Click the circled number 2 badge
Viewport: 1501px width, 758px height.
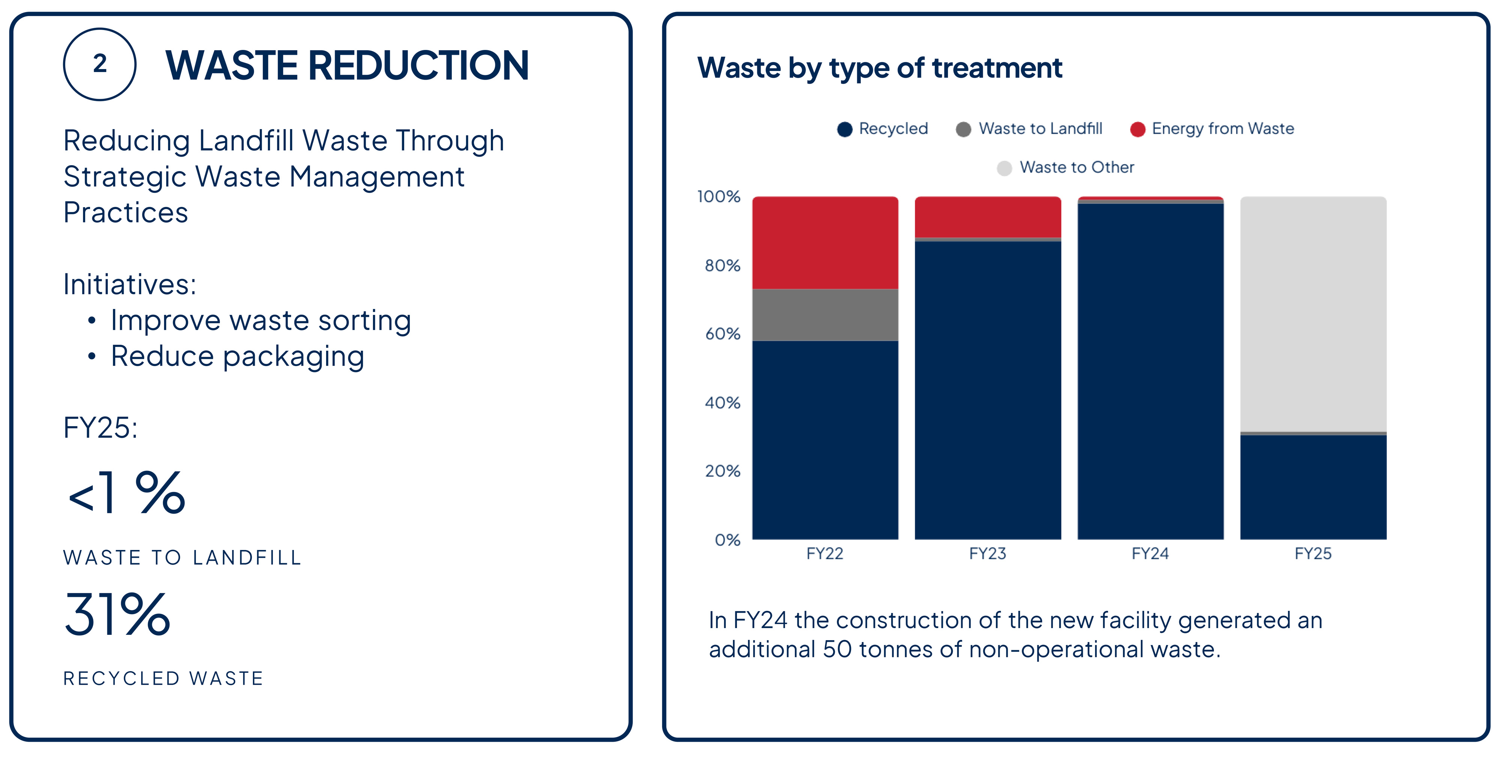[100, 64]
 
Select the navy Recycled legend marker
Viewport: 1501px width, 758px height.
[844, 130]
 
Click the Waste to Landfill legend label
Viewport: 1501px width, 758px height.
[1040, 129]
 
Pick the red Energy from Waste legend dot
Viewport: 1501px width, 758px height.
[1137, 130]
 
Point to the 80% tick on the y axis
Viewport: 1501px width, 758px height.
[722, 266]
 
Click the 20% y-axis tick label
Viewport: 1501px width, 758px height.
[722, 471]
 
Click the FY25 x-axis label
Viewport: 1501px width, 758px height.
[1313, 553]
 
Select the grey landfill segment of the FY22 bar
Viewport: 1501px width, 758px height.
[824, 315]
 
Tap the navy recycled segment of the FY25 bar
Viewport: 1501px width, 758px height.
[1313, 487]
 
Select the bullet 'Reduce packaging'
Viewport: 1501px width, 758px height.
[237, 356]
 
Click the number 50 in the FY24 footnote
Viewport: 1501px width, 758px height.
[837, 649]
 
